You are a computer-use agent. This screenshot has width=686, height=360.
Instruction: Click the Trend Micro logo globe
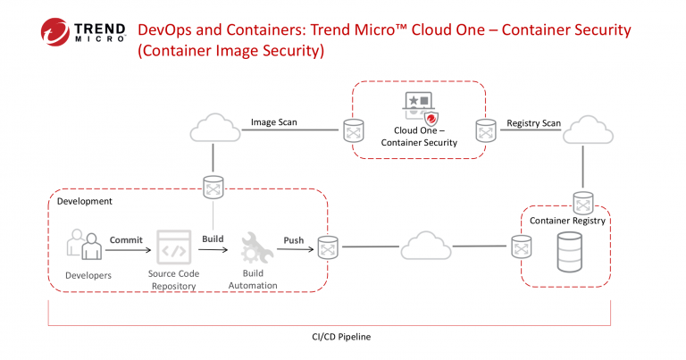point(55,32)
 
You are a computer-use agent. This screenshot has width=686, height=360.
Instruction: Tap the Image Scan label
point(274,122)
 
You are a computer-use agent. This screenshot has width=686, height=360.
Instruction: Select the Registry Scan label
point(534,123)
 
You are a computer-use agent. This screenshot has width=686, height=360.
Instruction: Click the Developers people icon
point(85,245)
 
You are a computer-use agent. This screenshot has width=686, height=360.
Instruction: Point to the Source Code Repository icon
point(174,247)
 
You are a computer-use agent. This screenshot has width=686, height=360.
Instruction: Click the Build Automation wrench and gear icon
point(257,247)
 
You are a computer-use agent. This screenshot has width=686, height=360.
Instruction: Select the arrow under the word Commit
point(129,250)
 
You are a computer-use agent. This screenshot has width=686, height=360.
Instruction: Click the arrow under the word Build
point(213,250)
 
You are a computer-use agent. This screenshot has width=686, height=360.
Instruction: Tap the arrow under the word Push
point(296,249)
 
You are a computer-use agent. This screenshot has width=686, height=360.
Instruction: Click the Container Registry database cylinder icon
point(570,253)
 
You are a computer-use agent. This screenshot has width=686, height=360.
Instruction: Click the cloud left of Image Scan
point(214,128)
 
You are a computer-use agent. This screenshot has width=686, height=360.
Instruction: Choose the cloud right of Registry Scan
point(588,130)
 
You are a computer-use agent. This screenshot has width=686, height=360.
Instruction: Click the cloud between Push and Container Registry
point(426,246)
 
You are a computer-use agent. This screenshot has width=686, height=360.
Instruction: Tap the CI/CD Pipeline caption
point(341,337)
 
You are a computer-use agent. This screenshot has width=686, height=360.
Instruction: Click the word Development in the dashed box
point(85,201)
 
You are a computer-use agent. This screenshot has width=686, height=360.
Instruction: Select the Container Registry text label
point(567,221)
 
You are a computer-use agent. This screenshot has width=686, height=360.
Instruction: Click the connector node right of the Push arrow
point(328,247)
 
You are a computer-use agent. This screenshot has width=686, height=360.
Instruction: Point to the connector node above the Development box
point(213,188)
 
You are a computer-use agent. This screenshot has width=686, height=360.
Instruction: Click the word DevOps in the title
point(164,30)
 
